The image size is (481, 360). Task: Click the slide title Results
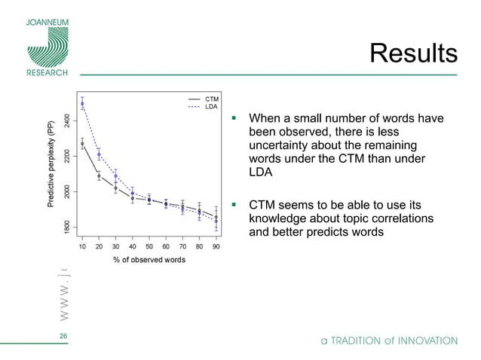click(x=413, y=53)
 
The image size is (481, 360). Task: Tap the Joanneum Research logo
click(x=47, y=45)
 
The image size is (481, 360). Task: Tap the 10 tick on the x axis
click(x=82, y=246)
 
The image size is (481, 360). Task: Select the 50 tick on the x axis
click(x=149, y=246)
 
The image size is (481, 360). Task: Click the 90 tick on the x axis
click(x=216, y=246)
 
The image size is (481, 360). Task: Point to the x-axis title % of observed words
click(x=149, y=261)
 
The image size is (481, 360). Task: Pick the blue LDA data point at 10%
click(x=82, y=104)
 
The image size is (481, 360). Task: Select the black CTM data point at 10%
click(x=82, y=143)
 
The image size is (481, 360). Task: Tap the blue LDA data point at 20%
click(x=99, y=154)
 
